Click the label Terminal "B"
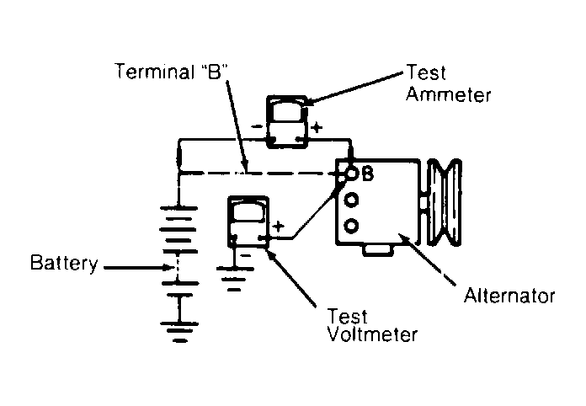172,71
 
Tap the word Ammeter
448,94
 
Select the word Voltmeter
372,334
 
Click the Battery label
64,263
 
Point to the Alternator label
509,296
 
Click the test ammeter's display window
287,112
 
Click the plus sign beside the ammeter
317,127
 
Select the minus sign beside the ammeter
257,126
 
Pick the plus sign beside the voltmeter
278,227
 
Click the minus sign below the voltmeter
245,255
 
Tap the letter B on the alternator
367,174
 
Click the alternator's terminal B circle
351,173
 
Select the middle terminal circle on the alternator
351,200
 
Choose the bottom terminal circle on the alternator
351,226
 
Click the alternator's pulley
445,202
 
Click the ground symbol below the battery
180,332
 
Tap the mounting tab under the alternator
378,249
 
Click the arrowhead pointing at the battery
168,268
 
